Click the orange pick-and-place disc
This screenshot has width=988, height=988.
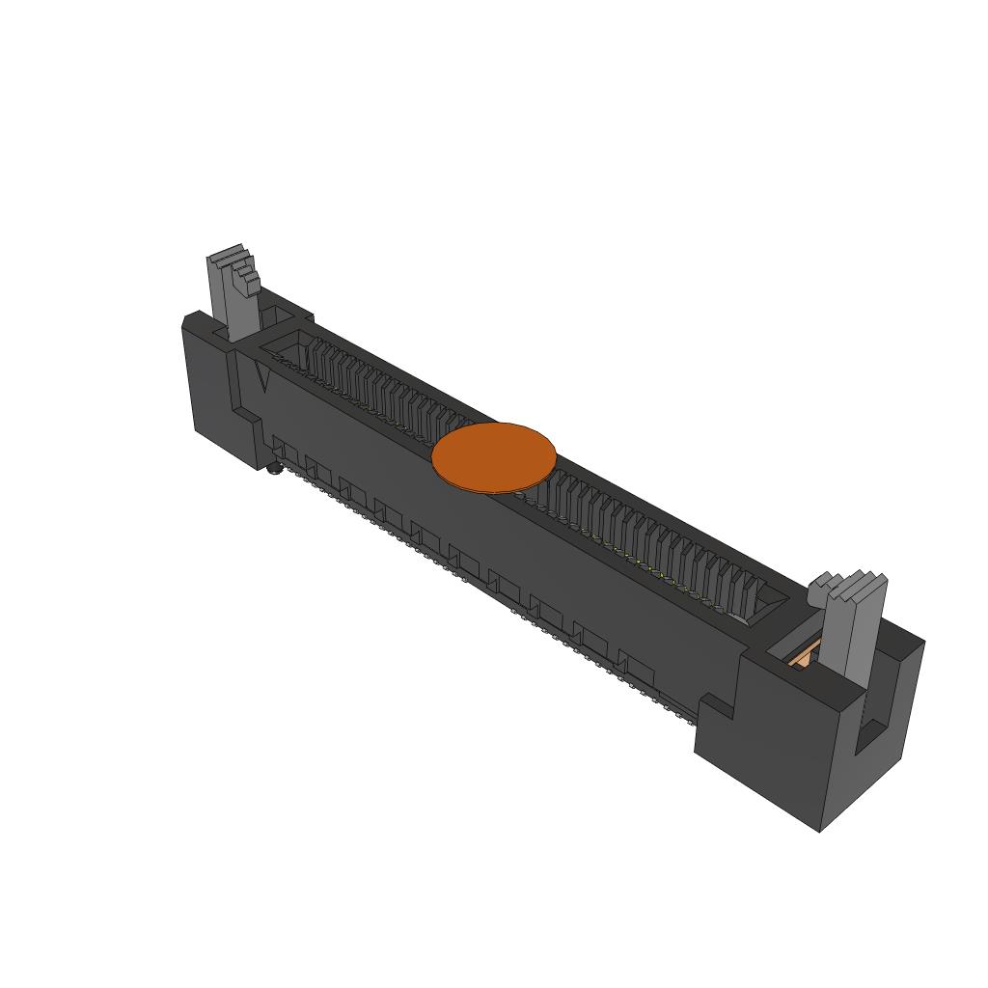494,457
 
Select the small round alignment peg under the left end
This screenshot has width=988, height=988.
274,470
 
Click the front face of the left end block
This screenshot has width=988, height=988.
212,386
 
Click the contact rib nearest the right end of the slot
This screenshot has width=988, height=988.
748,590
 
